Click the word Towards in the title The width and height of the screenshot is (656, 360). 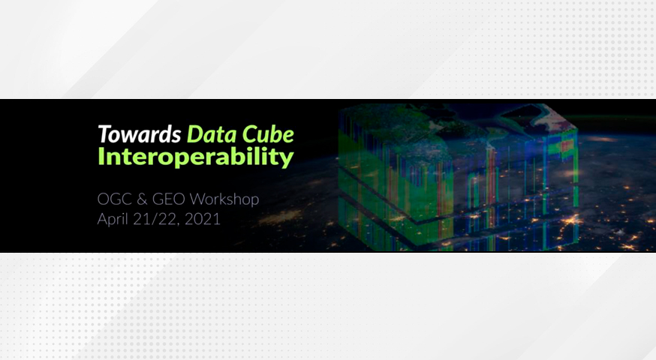(140, 134)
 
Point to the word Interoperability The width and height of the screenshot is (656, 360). (196, 157)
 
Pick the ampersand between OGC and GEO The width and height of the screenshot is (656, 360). (142, 199)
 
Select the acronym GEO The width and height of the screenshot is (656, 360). (169, 199)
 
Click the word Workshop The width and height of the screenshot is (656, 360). (224, 199)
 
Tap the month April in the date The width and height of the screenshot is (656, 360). (113, 220)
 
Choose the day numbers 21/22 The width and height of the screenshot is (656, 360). (156, 219)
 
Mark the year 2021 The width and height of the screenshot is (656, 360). (203, 219)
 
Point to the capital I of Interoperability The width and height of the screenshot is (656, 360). (101, 157)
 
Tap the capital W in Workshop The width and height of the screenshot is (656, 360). (199, 199)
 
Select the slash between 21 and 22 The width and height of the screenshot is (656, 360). (156, 220)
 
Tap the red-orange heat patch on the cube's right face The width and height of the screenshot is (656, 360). (567, 145)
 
